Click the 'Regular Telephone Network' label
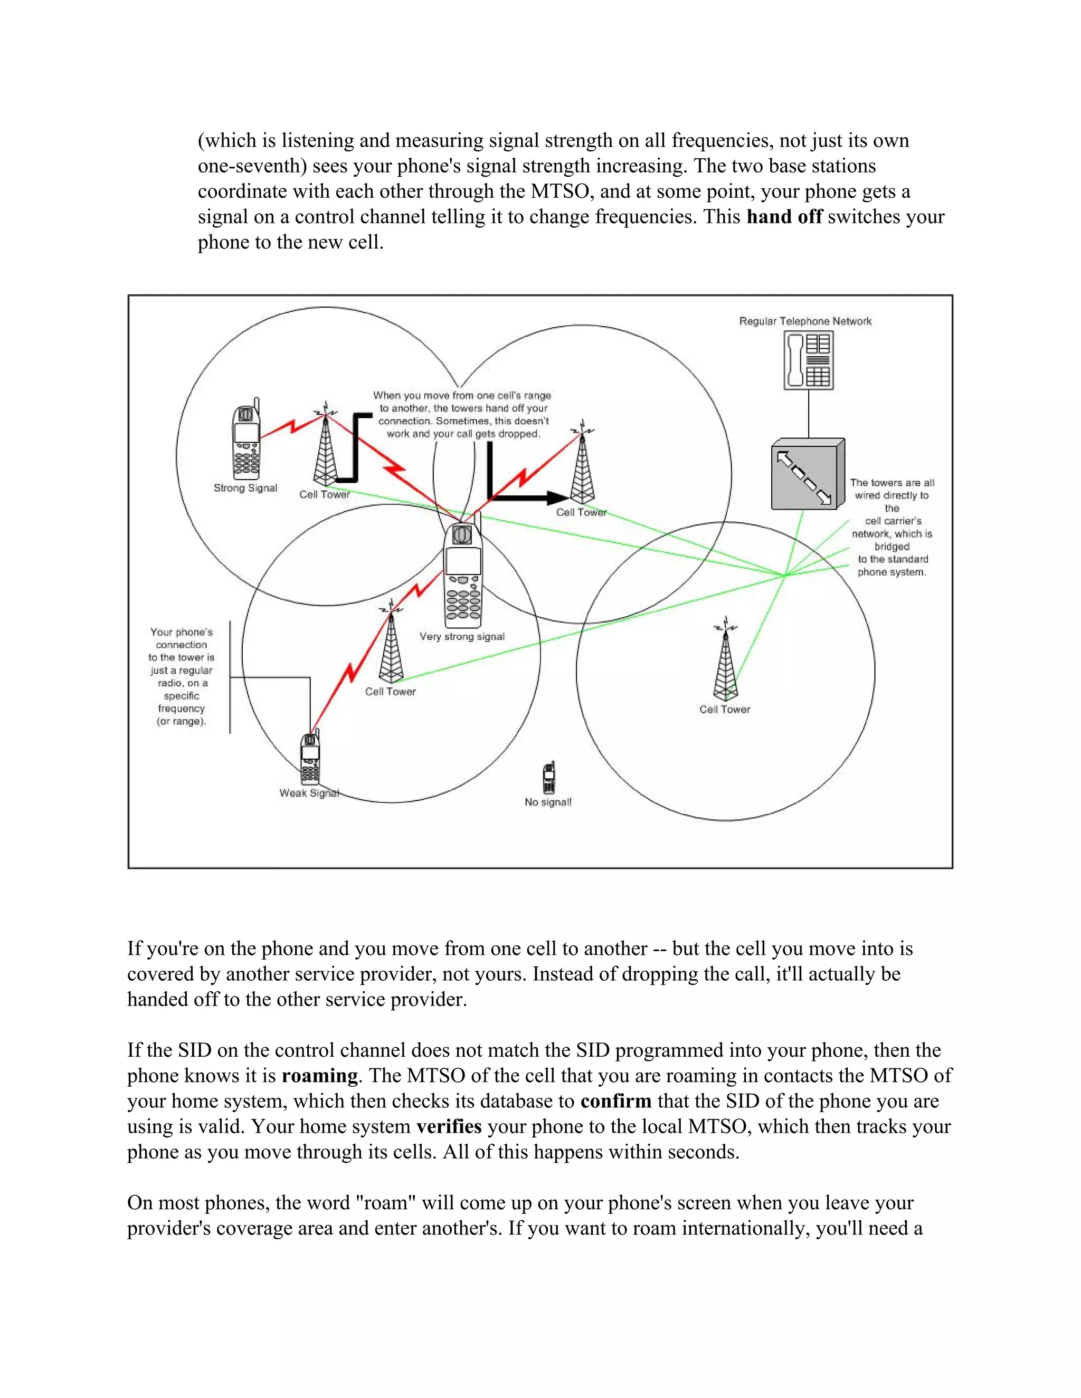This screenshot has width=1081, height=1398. pos(805,321)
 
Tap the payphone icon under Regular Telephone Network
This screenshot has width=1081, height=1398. pos(808,360)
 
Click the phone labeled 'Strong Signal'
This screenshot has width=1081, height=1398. pos(246,442)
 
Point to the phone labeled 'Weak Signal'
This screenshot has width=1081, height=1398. pos(310,759)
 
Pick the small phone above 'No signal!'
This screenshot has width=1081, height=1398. pos(549,778)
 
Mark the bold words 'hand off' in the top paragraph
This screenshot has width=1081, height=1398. pos(784,217)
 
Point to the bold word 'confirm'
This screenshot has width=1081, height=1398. pos(615,1101)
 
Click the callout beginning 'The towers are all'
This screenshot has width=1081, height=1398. pos(892,527)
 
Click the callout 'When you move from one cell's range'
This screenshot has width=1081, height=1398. pos(462,414)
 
